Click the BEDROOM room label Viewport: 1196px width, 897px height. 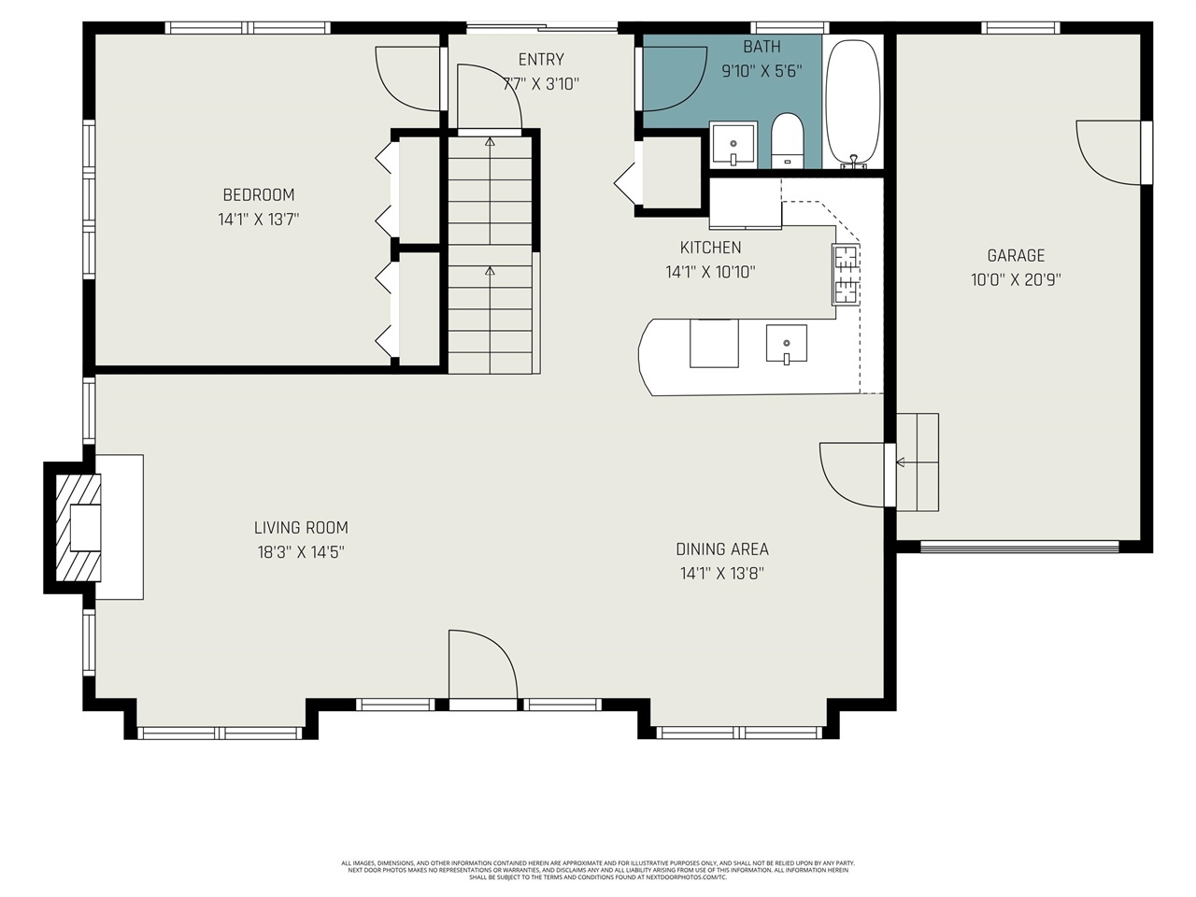pyautogui.click(x=258, y=194)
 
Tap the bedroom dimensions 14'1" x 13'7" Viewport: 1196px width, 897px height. pyautogui.click(x=258, y=220)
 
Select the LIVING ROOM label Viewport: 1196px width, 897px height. pyautogui.click(x=301, y=527)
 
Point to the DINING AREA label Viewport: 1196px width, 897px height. pyautogui.click(x=722, y=548)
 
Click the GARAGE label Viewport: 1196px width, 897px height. pyautogui.click(x=1016, y=255)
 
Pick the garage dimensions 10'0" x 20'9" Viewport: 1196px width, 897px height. pyautogui.click(x=1016, y=279)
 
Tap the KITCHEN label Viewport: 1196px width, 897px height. pyautogui.click(x=710, y=248)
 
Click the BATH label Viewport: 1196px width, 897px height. pyautogui.click(x=762, y=46)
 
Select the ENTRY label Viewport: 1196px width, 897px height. pyautogui.click(x=541, y=59)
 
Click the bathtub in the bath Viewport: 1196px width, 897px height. pyautogui.click(x=853, y=103)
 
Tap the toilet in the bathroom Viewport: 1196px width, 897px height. pyautogui.click(x=788, y=140)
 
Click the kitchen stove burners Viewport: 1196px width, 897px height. pyautogui.click(x=846, y=275)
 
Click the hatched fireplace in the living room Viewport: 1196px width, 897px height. pyautogui.click(x=75, y=528)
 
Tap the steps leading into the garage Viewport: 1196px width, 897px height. pyautogui.click(x=917, y=462)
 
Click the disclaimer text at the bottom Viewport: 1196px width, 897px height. pyautogui.click(x=598, y=870)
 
